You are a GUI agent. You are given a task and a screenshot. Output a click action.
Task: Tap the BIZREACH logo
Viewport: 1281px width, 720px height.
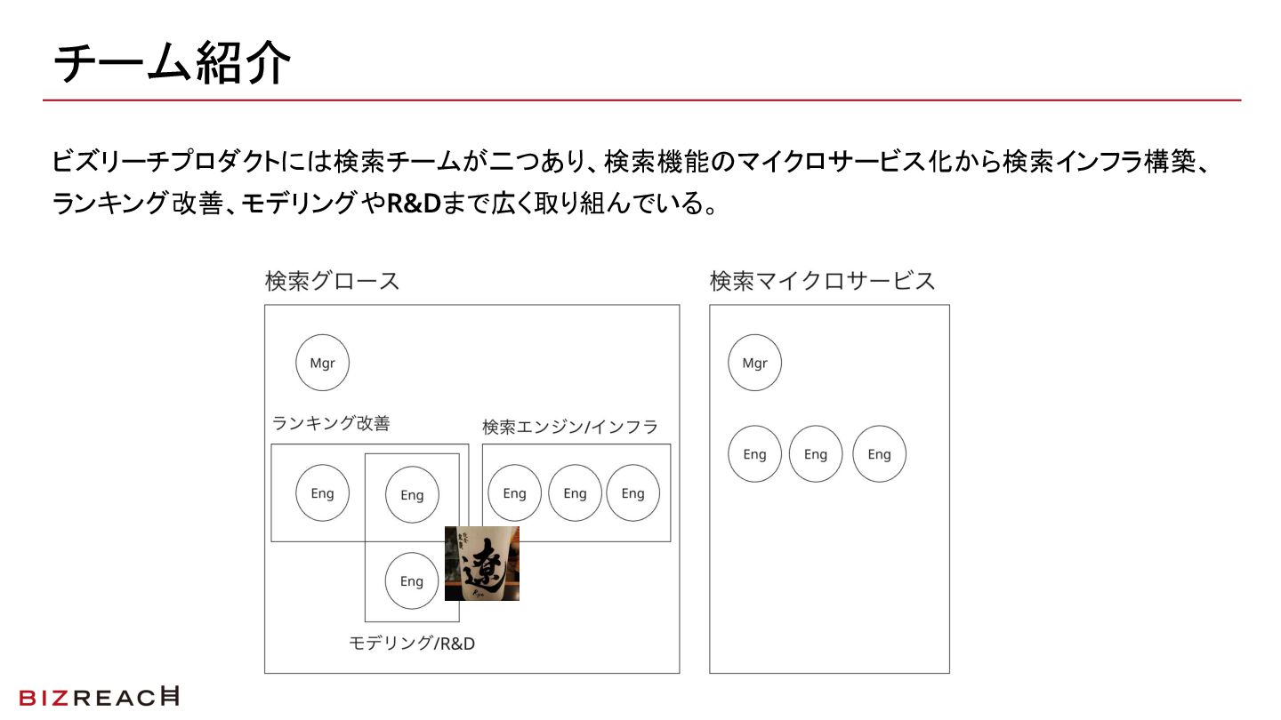(x=99, y=698)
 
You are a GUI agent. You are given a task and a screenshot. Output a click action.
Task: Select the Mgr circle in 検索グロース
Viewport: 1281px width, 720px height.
(x=322, y=363)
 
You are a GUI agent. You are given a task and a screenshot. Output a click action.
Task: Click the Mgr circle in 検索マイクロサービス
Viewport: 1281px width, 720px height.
(x=754, y=363)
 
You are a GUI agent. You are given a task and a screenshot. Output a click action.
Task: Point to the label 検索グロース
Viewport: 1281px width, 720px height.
(x=332, y=282)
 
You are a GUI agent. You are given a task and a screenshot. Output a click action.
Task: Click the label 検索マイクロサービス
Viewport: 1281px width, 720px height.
(x=822, y=282)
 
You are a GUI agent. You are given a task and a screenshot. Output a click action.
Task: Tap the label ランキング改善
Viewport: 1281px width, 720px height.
(x=331, y=424)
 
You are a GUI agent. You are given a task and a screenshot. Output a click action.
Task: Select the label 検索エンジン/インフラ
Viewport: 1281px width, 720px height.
(x=570, y=427)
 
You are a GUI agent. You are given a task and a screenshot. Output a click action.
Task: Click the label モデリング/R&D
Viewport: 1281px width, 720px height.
(x=412, y=644)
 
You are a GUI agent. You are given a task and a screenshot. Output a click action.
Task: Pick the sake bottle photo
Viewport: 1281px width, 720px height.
(x=482, y=564)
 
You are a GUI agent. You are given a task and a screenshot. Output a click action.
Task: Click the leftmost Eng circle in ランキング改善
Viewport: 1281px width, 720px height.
(x=322, y=493)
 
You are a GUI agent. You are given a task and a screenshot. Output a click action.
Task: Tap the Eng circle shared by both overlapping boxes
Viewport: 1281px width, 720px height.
(x=412, y=495)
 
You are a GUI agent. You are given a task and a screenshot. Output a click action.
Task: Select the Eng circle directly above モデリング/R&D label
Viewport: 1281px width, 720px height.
(x=412, y=581)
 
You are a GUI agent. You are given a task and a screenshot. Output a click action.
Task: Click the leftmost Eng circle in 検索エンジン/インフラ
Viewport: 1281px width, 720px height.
(x=514, y=493)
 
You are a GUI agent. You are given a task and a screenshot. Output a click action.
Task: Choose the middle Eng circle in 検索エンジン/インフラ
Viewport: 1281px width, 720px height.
(x=575, y=493)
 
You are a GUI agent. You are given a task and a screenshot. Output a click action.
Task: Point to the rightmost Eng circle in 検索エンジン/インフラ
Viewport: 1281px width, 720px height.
(x=632, y=493)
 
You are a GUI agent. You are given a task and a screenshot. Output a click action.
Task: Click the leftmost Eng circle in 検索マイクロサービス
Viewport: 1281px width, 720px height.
(x=754, y=454)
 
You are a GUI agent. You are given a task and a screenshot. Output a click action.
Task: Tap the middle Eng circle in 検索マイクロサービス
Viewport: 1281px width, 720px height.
(x=816, y=454)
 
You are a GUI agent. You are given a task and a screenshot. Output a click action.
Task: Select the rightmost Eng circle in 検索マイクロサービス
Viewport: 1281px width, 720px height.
(x=879, y=454)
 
